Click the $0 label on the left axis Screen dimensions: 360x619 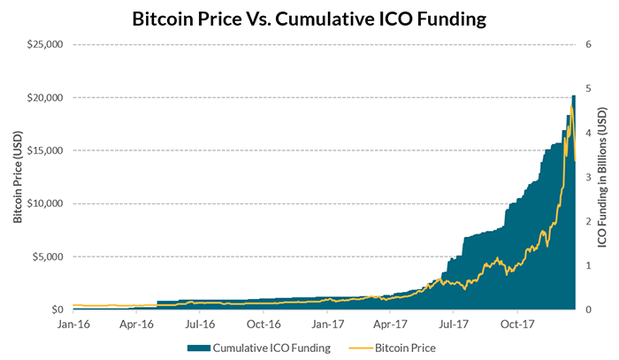click(x=55, y=310)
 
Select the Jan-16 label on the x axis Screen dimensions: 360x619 click(x=73, y=324)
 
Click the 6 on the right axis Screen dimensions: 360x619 click(x=588, y=43)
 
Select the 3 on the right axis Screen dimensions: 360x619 click(x=588, y=177)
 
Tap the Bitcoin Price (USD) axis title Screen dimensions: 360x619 click(x=18, y=177)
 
